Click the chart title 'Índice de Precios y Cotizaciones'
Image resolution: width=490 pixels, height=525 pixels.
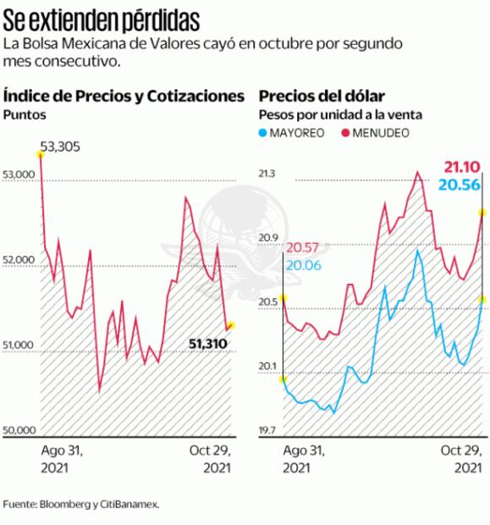124,96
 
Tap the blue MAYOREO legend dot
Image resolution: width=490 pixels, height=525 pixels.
263,133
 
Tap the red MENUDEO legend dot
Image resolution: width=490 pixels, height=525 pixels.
344,133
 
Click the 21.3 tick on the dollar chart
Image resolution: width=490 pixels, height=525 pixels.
268,174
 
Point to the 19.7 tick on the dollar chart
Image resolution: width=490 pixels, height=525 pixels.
268,431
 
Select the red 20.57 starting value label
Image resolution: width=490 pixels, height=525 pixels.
303,248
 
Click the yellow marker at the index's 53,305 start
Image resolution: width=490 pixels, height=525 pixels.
40,153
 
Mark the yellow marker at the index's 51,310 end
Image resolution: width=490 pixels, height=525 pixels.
231,325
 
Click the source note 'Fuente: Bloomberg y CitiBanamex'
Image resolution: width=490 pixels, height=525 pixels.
80,504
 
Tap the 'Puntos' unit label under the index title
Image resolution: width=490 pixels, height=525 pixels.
24,114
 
